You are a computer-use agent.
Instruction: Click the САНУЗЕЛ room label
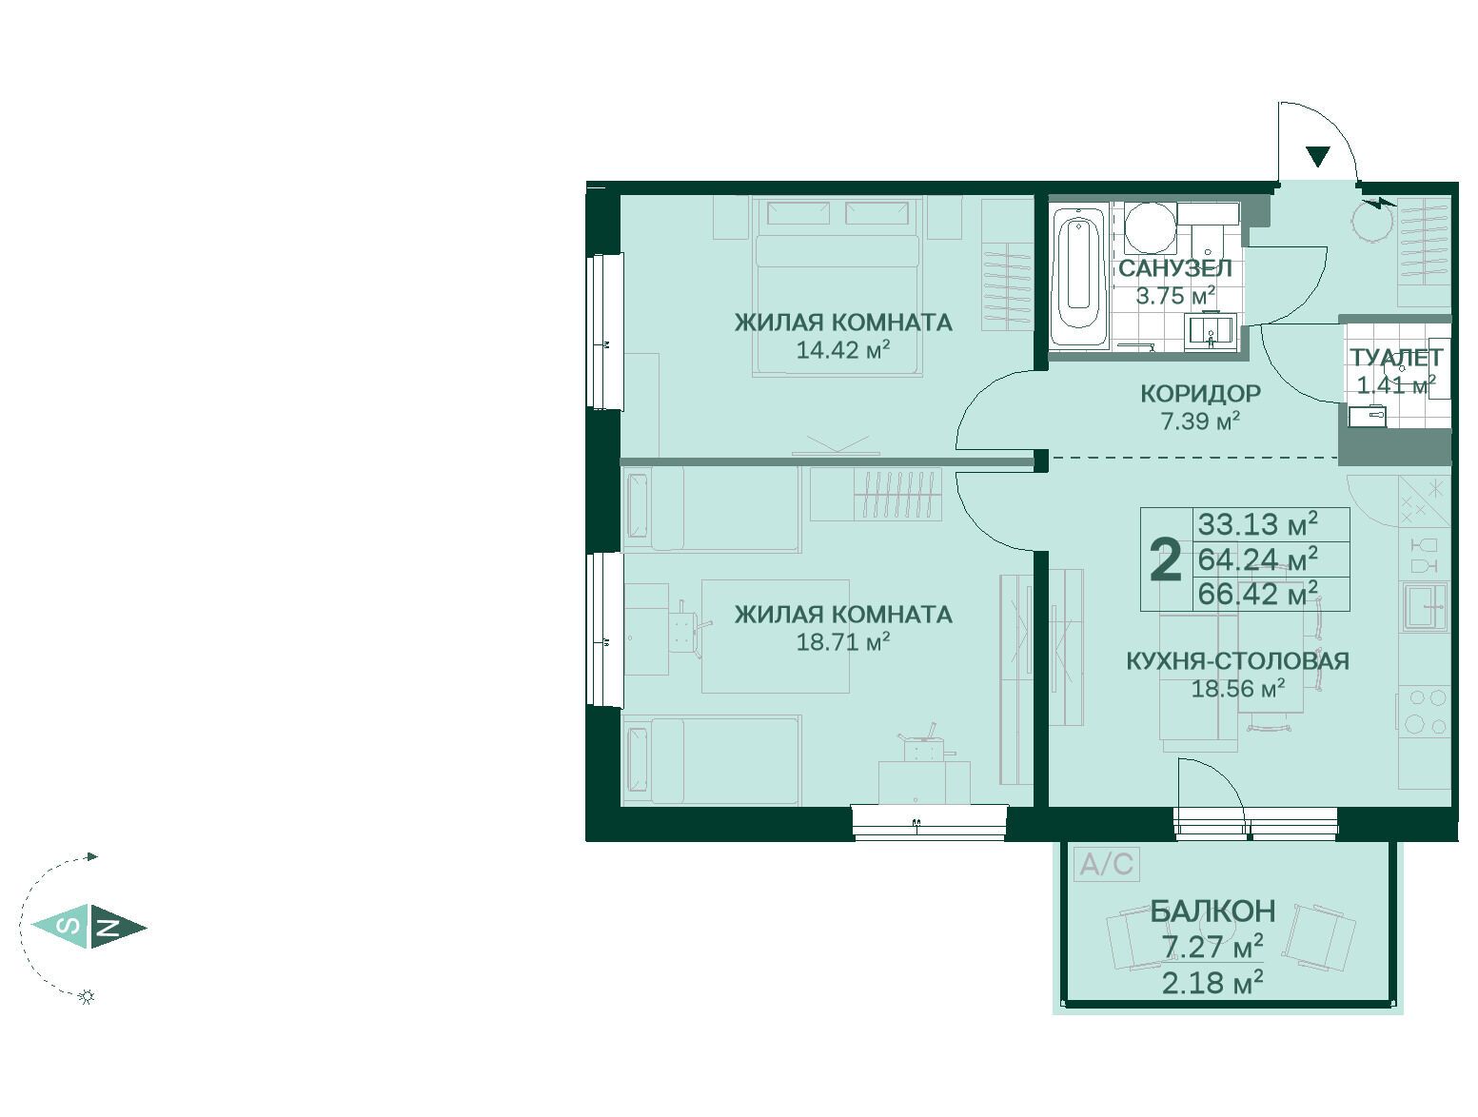coord(1175,268)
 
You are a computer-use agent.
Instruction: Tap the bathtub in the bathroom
coord(1078,277)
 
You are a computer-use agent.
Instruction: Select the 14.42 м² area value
coord(843,350)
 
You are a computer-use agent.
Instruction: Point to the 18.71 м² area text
coord(843,642)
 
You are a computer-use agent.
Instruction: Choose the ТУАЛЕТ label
coord(1396,358)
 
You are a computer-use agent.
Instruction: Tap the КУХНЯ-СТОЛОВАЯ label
coord(1237,661)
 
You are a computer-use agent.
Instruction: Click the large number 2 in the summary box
coord(1166,560)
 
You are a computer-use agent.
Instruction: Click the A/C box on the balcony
coord(1106,864)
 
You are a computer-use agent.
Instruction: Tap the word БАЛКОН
coord(1212,911)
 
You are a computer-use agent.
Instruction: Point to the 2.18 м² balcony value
coord(1212,984)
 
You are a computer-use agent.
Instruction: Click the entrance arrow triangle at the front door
coord(1318,156)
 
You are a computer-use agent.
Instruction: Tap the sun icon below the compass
coord(87,996)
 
